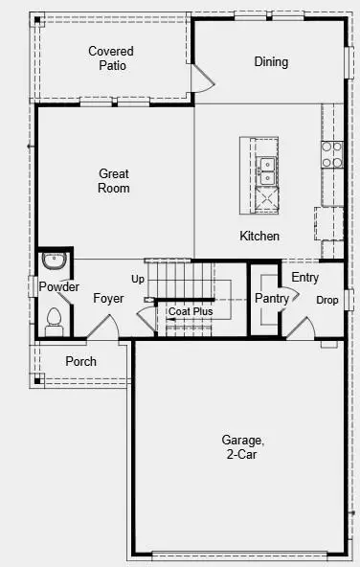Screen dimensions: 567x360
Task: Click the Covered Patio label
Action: tap(111, 57)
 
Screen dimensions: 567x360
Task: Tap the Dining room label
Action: tap(271, 62)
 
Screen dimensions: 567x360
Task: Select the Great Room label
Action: tap(114, 181)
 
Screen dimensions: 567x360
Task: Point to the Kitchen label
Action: tap(259, 236)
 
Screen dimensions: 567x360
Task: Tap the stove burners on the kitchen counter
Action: tap(332, 155)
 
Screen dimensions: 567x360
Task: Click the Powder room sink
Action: tap(54, 259)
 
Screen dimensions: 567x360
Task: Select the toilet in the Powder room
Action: tap(55, 317)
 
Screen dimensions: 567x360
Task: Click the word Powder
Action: tap(59, 287)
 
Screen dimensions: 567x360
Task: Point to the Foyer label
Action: tap(108, 299)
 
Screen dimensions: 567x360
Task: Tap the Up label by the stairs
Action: tap(138, 280)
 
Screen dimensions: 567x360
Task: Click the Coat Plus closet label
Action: tap(191, 311)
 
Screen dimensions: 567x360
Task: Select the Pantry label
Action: tap(272, 299)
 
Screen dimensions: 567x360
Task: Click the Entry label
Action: tap(305, 278)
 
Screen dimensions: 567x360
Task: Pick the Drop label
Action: tap(327, 300)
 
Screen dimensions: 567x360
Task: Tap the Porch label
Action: tap(80, 361)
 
